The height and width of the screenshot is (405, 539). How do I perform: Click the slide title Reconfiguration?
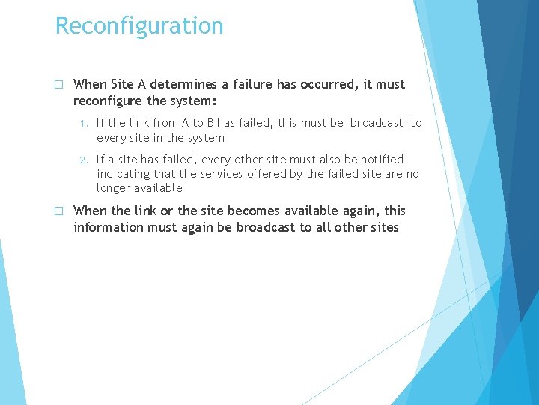[x=139, y=25]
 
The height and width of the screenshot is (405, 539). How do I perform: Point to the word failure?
[x=250, y=85]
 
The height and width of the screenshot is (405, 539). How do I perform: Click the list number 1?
[x=85, y=123]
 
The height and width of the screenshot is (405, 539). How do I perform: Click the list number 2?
[x=85, y=160]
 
